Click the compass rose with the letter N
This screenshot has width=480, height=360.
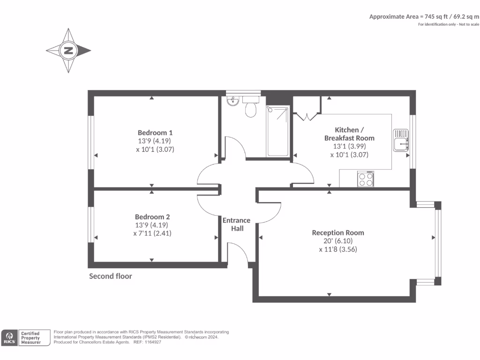pyautogui.click(x=68, y=51)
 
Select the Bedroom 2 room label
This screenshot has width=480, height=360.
pyautogui.click(x=152, y=217)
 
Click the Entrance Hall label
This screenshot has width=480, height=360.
pyautogui.click(x=236, y=224)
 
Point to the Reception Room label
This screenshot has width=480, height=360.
pyautogui.click(x=337, y=232)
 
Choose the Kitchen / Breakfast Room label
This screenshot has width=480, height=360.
pyautogui.click(x=349, y=134)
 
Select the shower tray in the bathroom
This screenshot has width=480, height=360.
pyautogui.click(x=277, y=131)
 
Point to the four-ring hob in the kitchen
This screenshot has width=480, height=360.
pyautogui.click(x=366, y=179)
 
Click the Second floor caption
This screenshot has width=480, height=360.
pyautogui.click(x=111, y=276)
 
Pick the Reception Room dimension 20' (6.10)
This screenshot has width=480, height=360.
pyautogui.click(x=337, y=241)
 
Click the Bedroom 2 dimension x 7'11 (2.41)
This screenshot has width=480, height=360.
pyautogui.click(x=152, y=233)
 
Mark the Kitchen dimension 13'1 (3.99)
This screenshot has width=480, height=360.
pyautogui.click(x=349, y=146)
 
